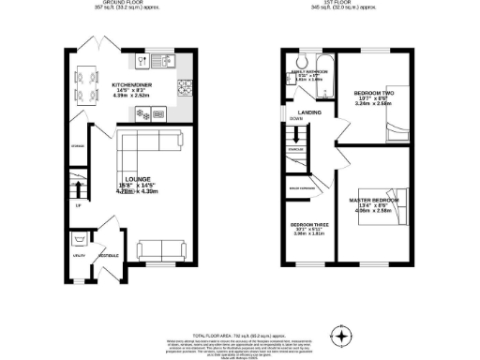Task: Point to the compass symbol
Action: (x=343, y=337)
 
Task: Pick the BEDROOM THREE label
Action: (x=307, y=226)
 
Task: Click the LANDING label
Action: (x=310, y=112)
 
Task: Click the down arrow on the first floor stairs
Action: (x=295, y=120)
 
